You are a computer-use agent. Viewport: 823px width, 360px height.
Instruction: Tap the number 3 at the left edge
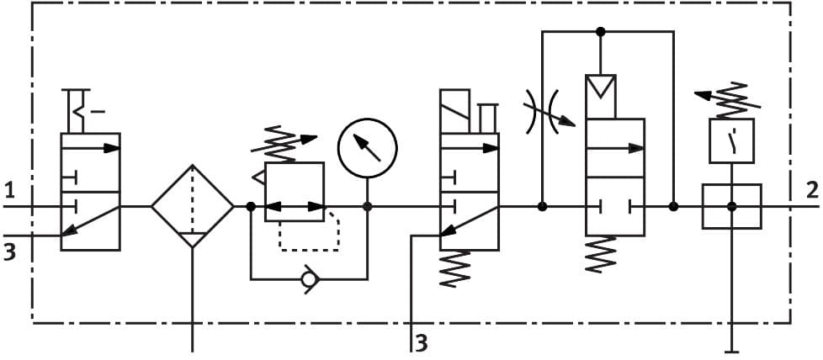[x=9, y=251]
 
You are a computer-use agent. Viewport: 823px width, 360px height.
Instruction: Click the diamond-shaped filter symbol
[x=193, y=206]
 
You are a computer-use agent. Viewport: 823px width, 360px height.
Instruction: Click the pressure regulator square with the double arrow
[x=295, y=193]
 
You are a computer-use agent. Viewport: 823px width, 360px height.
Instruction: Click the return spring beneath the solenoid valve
[x=455, y=269]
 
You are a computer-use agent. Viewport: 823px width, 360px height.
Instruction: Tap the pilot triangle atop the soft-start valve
[x=601, y=87]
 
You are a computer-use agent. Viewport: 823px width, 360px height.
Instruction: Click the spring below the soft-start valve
[x=601, y=254]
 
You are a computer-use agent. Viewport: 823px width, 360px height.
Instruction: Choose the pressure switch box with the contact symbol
[x=731, y=140]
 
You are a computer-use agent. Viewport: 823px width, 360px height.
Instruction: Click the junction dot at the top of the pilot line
[x=601, y=32]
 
